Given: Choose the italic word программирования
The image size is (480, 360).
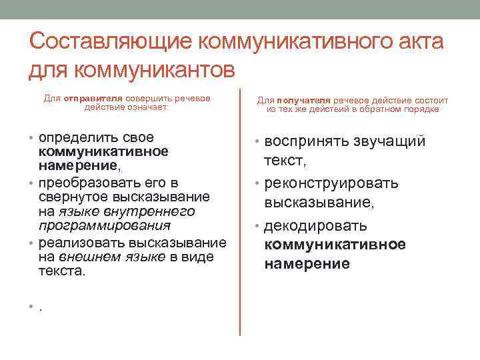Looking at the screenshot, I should tap(103, 226).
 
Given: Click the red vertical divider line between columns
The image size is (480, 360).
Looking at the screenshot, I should tap(239, 213).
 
